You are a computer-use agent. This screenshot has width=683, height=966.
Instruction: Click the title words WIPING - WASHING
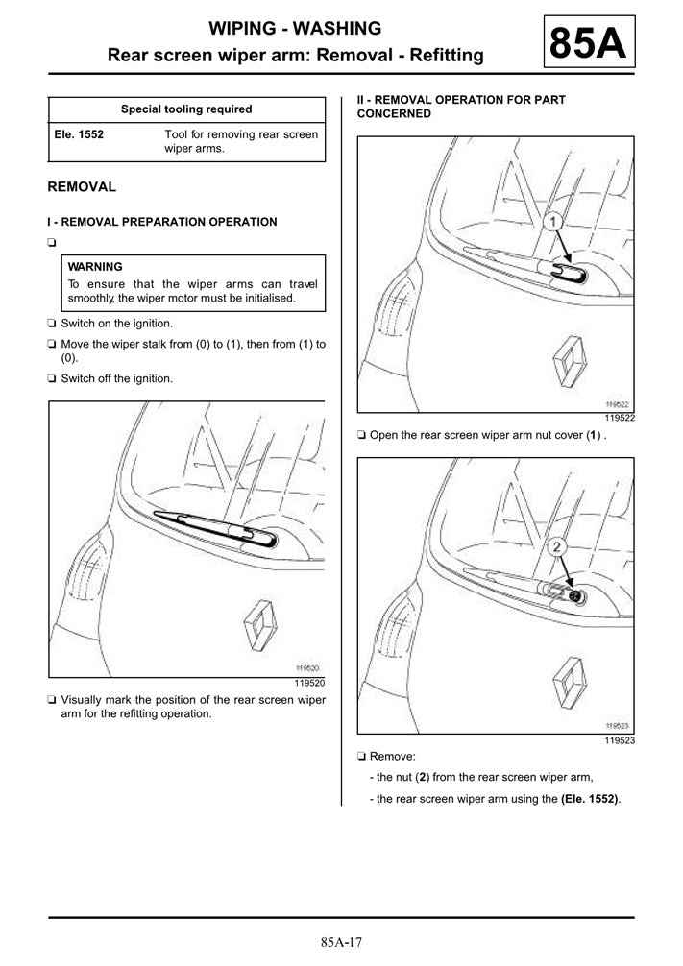tap(295, 28)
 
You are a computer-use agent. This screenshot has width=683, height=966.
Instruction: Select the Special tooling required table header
tap(186, 109)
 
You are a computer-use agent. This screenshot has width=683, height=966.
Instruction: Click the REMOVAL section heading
tap(82, 187)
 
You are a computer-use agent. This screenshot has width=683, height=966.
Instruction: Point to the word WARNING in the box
tap(95, 267)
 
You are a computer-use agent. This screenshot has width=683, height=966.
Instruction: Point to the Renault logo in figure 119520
tap(261, 625)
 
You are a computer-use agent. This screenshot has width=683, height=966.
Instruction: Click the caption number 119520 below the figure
tap(308, 684)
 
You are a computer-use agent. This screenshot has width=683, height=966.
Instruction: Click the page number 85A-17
tap(341, 943)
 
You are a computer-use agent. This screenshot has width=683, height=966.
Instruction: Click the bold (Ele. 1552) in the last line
tap(590, 799)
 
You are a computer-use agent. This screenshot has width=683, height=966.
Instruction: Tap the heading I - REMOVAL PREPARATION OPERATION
tap(161, 222)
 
